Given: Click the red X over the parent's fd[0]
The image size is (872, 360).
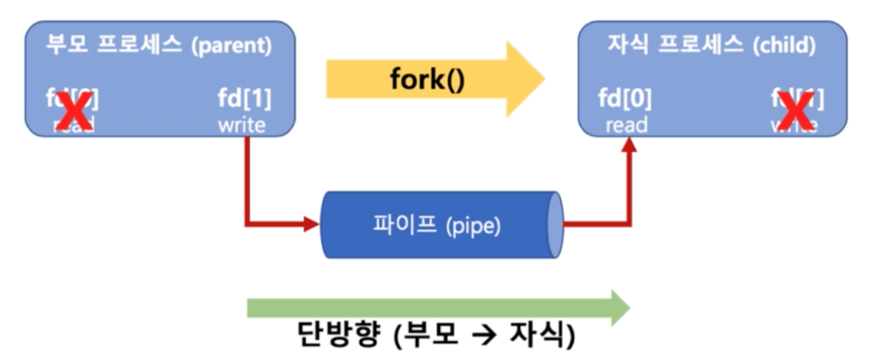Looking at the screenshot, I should point(72,112).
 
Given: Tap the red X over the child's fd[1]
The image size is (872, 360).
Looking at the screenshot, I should point(797,112).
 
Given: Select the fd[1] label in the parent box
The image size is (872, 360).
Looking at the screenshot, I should point(245,99).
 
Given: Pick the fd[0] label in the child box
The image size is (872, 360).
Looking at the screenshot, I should point(625,99).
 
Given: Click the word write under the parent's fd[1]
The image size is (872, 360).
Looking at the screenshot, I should point(241,125).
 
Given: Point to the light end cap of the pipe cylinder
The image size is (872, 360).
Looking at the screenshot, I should point(555,225).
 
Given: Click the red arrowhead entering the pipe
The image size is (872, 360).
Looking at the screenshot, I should point(312,225).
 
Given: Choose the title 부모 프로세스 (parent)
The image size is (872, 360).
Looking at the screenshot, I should point(159,45).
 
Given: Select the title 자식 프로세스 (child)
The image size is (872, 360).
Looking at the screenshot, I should point(711,45).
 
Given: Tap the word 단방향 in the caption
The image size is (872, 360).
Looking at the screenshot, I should point(331,335).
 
